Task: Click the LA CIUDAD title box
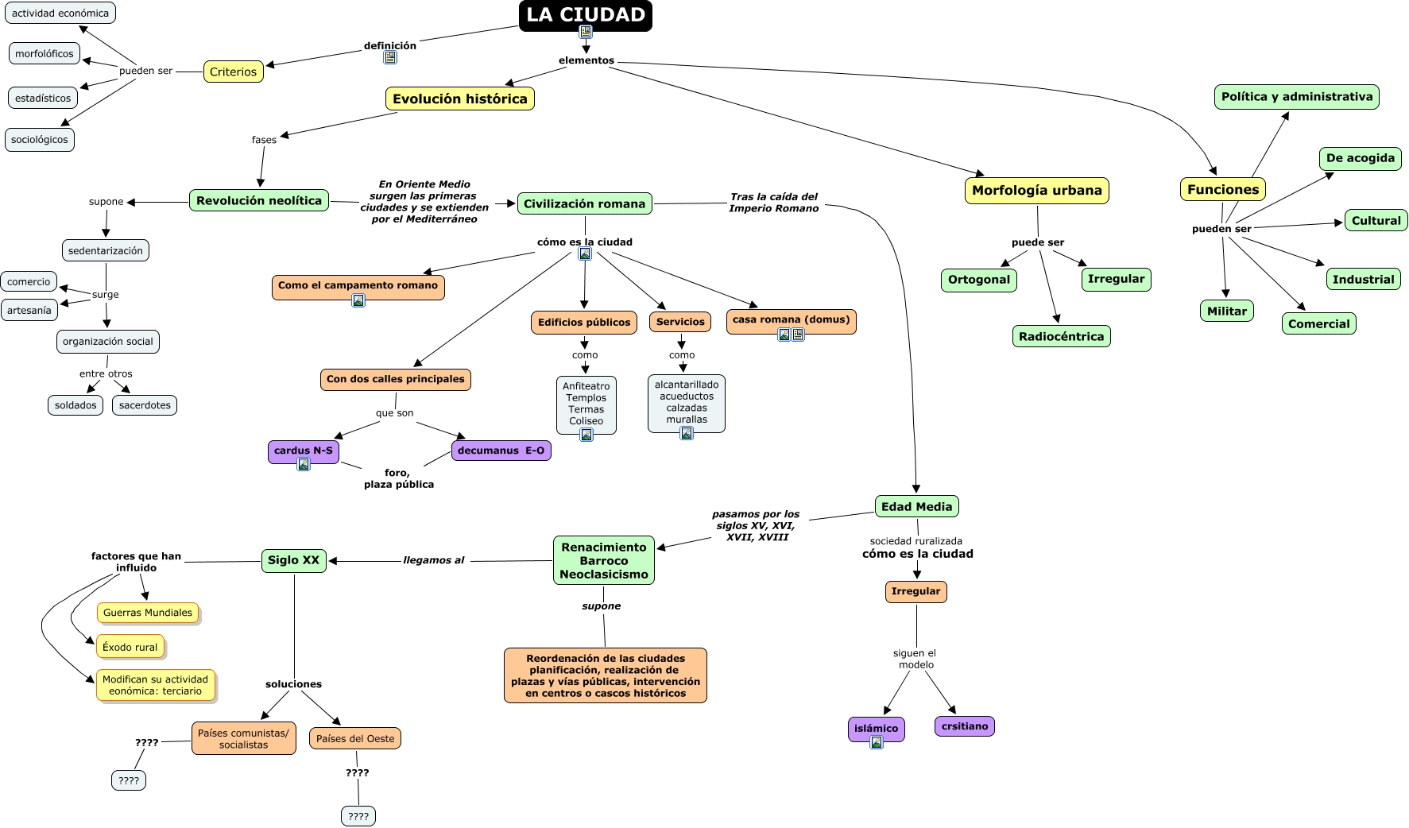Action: (x=585, y=15)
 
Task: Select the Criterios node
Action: (x=233, y=72)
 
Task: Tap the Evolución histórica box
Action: (x=459, y=99)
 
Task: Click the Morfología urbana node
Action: (x=1036, y=191)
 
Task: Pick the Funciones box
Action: (x=1222, y=189)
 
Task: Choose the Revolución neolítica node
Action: (x=259, y=200)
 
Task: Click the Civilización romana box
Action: (x=584, y=203)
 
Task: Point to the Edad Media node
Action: (x=916, y=506)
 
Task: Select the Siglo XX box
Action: (x=293, y=560)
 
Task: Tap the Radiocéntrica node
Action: (x=1061, y=336)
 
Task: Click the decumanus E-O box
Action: (x=501, y=451)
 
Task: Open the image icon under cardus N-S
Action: (x=304, y=465)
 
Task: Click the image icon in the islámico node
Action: (x=877, y=742)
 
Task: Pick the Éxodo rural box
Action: (x=130, y=647)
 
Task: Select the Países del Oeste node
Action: (x=355, y=738)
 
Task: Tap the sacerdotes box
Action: (x=145, y=405)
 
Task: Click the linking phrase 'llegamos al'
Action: (x=434, y=560)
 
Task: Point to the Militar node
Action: (x=1226, y=311)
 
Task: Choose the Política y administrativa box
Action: (x=1296, y=97)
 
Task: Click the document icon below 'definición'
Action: (x=390, y=57)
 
